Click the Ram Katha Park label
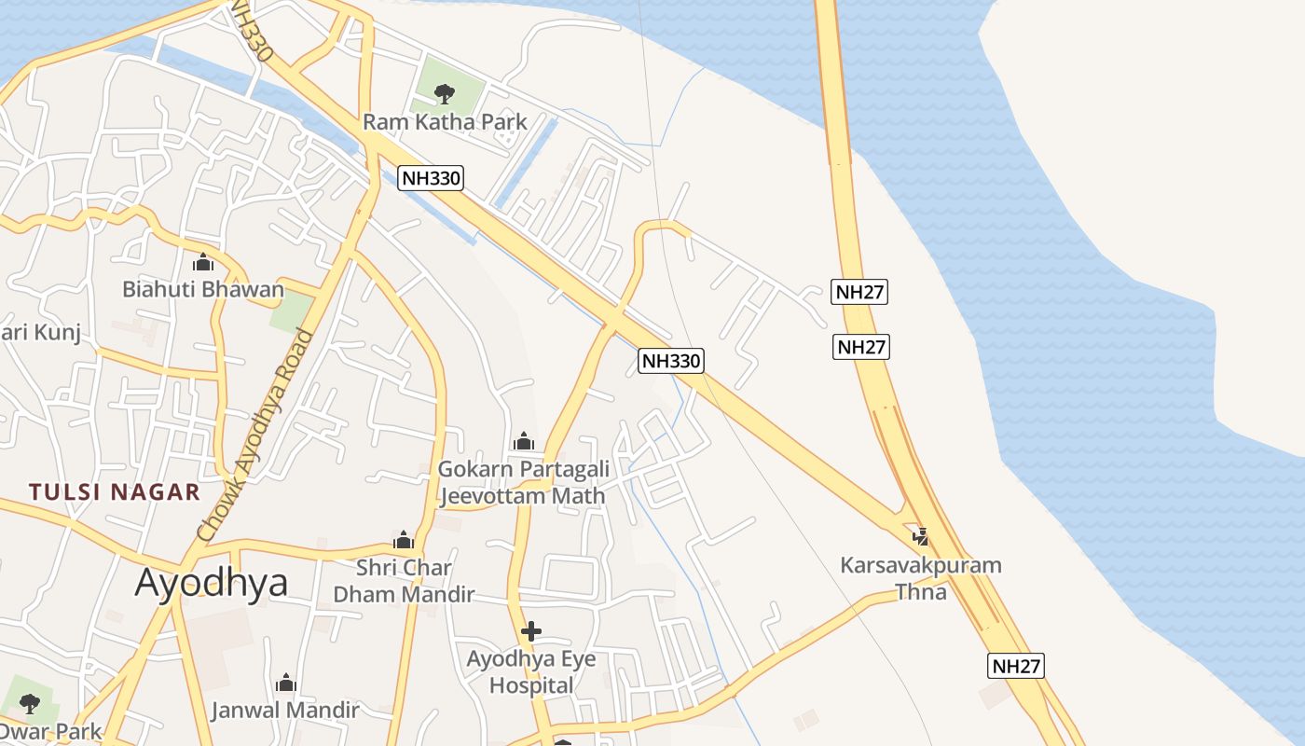[445, 121]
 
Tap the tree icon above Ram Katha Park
[445, 92]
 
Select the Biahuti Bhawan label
[202, 289]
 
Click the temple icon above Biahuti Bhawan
[203, 262]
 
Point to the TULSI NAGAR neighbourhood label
[115, 492]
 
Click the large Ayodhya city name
[211, 583]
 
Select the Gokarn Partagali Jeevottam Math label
[523, 481]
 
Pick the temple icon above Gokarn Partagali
[524, 440]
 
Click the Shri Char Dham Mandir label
[404, 580]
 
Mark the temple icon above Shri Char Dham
[404, 540]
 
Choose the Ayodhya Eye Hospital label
[530, 671]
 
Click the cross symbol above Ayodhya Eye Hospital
[531, 631]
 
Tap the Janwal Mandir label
[284, 710]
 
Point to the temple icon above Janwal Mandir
[286, 683]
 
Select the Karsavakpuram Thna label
[920, 577]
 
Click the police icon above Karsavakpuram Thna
[921, 536]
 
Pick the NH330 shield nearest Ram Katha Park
[431, 178]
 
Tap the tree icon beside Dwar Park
[30, 703]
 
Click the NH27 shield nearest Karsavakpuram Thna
[1015, 666]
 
